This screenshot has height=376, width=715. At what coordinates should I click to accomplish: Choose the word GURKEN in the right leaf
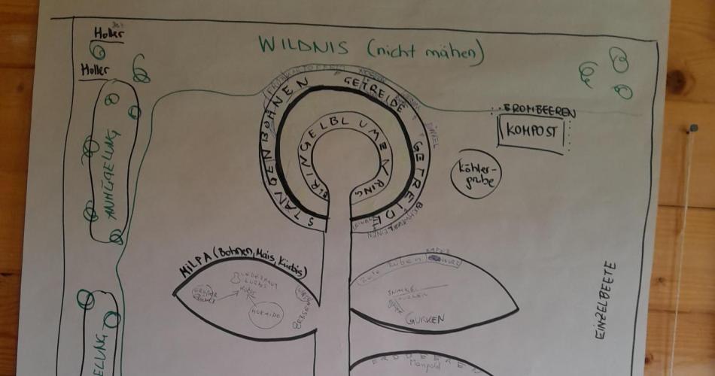425,319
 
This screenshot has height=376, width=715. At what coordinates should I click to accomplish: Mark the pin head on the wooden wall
693,129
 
